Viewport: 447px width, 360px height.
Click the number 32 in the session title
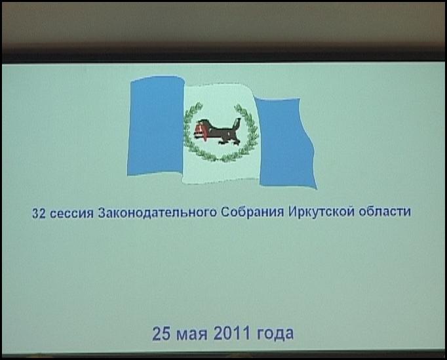[39, 213]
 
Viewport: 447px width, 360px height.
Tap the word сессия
[72, 213]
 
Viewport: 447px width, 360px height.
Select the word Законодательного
[157, 213]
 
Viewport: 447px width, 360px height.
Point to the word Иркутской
[321, 212]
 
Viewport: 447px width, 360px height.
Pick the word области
[385, 212]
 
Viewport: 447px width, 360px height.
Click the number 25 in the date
[161, 334]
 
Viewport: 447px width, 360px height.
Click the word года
[275, 334]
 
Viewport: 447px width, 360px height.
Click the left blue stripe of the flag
[156, 125]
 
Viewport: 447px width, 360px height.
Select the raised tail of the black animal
[237, 125]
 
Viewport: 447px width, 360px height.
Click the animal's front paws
[223, 142]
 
